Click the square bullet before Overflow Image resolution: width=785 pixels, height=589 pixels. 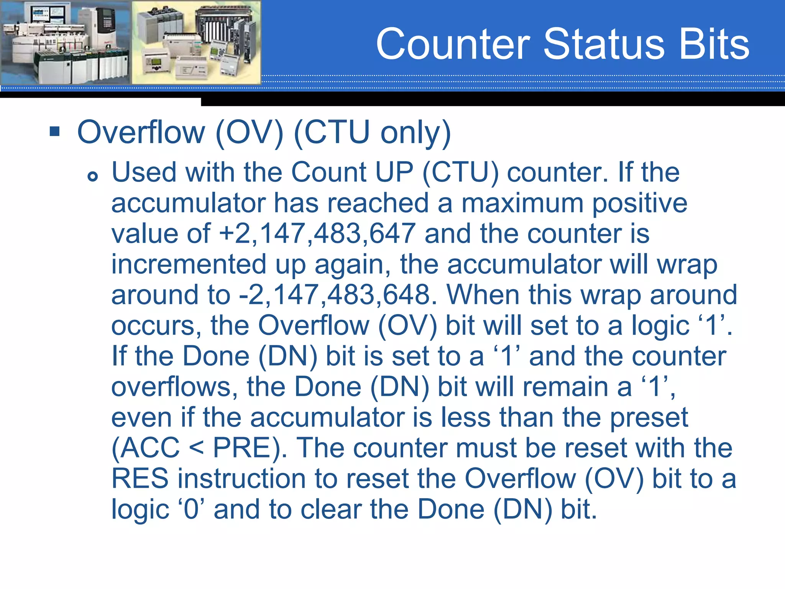[55, 132]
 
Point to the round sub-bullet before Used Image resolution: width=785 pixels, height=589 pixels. [92, 176]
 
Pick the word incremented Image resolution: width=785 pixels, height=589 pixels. [189, 264]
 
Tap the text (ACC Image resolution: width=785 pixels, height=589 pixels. [145, 448]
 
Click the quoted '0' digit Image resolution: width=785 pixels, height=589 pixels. [191, 509]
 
